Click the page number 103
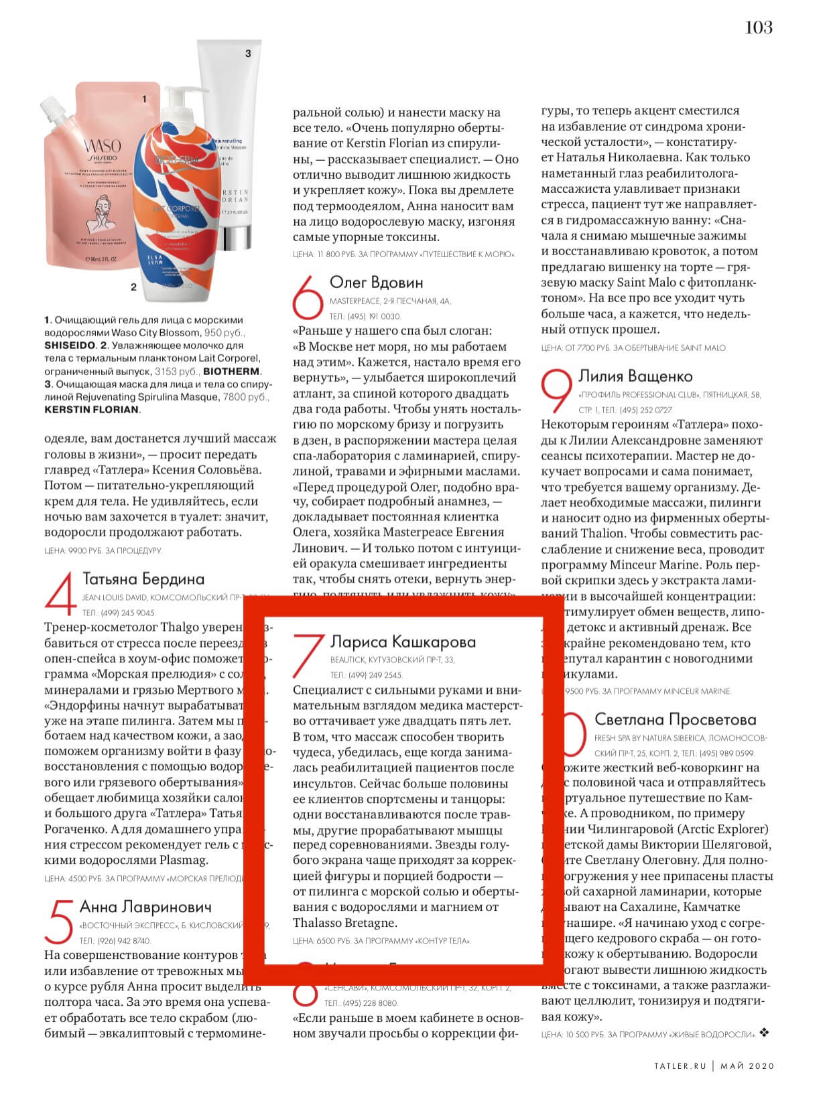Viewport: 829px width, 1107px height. [x=759, y=27]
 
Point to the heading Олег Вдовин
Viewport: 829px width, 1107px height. [x=376, y=283]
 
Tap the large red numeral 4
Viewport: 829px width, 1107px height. [x=60, y=592]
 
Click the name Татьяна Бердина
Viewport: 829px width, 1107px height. [x=143, y=579]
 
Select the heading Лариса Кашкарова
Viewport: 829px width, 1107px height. [x=403, y=642]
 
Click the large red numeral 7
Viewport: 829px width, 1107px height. [x=308, y=655]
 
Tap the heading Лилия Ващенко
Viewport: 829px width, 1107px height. [x=635, y=376]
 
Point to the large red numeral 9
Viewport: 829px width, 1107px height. [x=556, y=391]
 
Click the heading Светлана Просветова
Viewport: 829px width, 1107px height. [x=675, y=720]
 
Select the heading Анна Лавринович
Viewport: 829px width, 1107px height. [x=145, y=907]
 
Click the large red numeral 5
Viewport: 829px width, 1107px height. [x=60, y=921]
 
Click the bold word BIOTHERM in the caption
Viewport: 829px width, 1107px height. [x=232, y=371]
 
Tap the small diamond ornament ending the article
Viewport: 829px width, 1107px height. [x=765, y=1033]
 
